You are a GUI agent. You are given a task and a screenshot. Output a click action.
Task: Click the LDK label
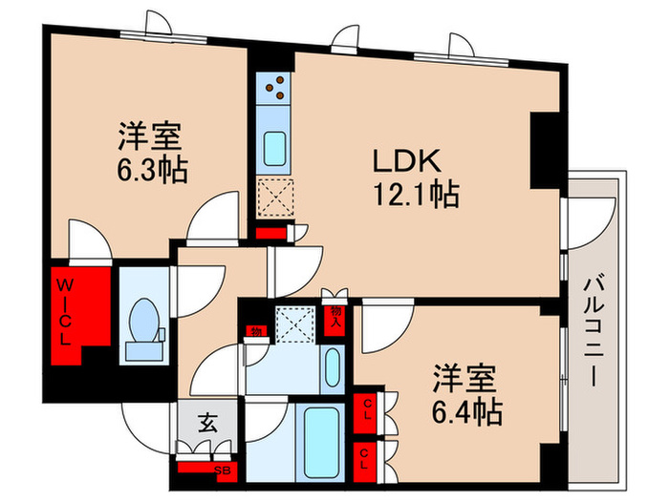(x=406, y=161)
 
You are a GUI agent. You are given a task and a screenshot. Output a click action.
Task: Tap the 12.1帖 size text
(x=416, y=195)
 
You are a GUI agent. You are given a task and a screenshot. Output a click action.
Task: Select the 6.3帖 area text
(x=152, y=170)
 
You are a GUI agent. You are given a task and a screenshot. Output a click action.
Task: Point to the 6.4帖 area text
(x=466, y=411)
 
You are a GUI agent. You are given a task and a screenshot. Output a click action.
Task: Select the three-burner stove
(x=273, y=88)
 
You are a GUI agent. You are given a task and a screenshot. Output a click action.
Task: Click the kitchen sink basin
(x=274, y=149)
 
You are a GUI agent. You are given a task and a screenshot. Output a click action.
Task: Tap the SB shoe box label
(x=223, y=470)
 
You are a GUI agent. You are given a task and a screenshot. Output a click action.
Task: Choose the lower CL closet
(x=365, y=462)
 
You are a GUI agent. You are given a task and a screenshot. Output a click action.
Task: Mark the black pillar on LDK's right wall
(x=545, y=151)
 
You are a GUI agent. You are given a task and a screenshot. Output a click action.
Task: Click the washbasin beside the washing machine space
(x=333, y=368)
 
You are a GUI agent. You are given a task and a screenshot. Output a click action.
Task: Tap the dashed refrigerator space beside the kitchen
(x=276, y=198)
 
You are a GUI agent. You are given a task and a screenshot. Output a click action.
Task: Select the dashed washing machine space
(x=294, y=324)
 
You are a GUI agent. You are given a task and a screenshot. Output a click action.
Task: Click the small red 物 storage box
(x=256, y=330)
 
